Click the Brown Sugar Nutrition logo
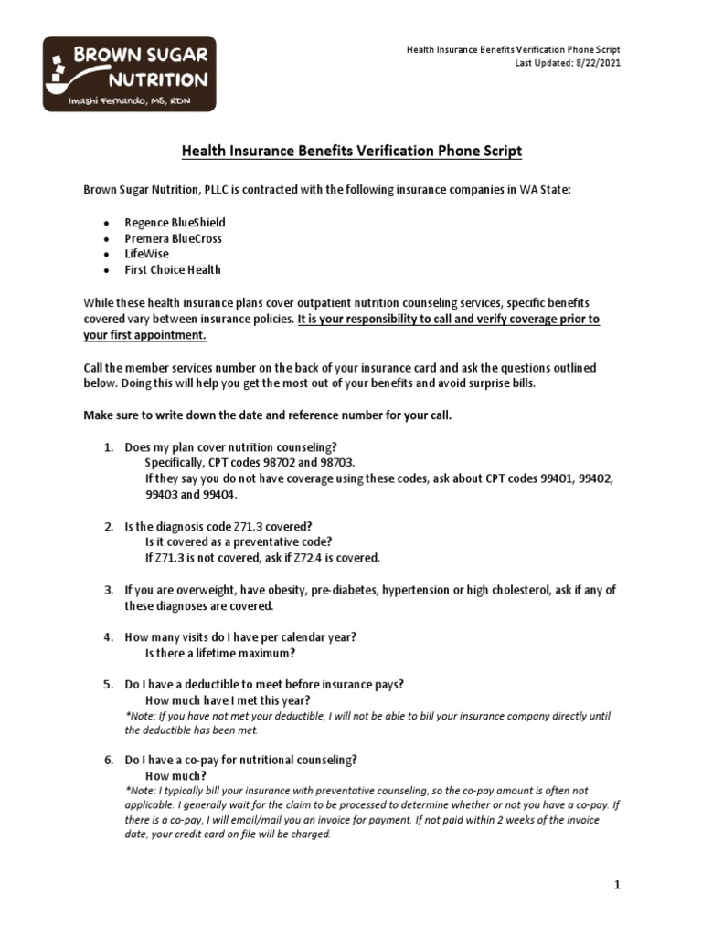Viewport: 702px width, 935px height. pyautogui.click(x=129, y=73)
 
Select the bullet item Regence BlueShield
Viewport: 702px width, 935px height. pyautogui.click(x=175, y=223)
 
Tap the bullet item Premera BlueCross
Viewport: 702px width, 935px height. pyautogui.click(x=173, y=238)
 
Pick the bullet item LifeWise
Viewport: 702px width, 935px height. pyautogui.click(x=146, y=254)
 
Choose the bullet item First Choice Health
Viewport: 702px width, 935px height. pyautogui.click(x=172, y=269)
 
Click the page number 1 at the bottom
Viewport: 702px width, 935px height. pyautogui.click(x=617, y=885)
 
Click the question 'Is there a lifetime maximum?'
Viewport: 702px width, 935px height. pyautogui.click(x=220, y=653)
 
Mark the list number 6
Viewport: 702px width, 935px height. pyautogui.click(x=107, y=760)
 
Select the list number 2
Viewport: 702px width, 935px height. pyautogui.click(x=107, y=526)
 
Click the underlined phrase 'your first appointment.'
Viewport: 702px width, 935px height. pyautogui.click(x=144, y=335)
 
